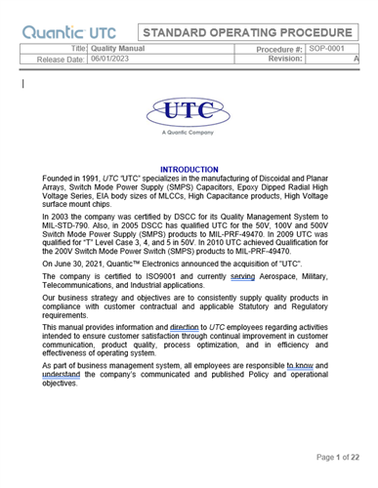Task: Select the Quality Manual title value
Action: [x=117, y=47]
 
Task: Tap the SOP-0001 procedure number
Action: [x=326, y=47]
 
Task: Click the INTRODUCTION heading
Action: [x=189, y=170]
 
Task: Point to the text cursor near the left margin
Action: [x=22, y=85]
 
